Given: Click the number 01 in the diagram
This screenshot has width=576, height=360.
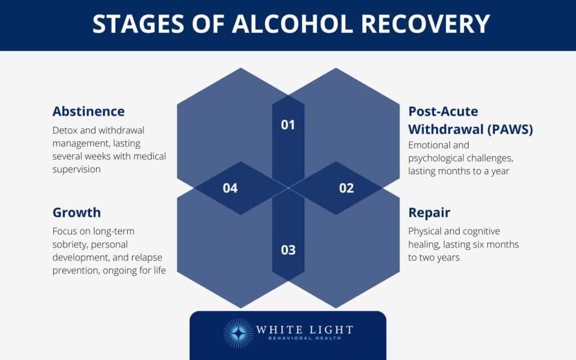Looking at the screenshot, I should point(288,124).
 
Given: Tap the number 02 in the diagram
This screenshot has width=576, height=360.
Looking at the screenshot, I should point(346,188).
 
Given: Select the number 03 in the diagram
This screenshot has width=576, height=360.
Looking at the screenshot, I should point(288,249).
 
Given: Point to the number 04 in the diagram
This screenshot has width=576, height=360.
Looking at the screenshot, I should point(230,188).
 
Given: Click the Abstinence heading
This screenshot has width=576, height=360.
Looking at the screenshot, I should point(88,111).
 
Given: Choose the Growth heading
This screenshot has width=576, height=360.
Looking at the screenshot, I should point(76,212).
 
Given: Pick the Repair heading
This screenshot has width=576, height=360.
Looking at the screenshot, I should point(429,213).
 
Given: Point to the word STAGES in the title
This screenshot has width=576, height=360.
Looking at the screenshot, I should point(135,24).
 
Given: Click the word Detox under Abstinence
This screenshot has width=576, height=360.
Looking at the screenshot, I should point(65,130).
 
